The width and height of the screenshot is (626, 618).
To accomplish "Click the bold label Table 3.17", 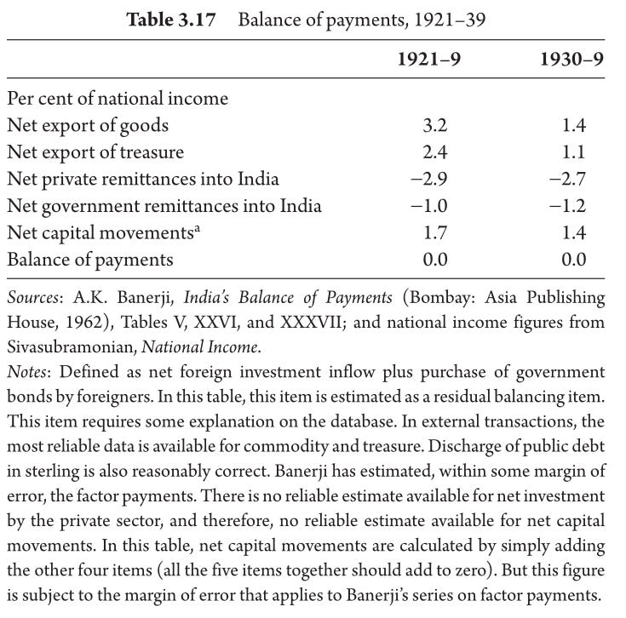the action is tap(171, 20).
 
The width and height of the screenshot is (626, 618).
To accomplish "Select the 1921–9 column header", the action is tap(429, 59).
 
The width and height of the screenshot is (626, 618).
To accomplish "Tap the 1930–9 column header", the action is tap(571, 59).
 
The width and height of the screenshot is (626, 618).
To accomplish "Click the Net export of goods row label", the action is tap(88, 126).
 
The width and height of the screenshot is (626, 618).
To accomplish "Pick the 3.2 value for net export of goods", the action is tap(435, 126).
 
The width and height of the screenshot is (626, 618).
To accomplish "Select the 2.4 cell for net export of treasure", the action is tap(435, 152).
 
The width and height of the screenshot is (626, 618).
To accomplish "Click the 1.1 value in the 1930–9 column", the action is tap(574, 152).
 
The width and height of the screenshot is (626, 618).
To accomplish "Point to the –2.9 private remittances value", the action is tap(429, 179).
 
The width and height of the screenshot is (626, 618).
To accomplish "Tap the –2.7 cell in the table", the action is tap(568, 179).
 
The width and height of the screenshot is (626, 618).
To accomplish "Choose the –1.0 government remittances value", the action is tap(429, 206).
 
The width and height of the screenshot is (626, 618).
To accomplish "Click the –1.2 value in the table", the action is tap(568, 206).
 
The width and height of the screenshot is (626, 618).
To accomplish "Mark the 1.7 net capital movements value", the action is tap(435, 232).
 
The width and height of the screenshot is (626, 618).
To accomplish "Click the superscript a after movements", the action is tap(197, 229).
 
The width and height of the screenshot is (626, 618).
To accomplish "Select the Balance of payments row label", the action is tap(90, 260).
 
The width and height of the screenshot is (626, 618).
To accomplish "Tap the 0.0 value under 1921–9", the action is tap(435, 260).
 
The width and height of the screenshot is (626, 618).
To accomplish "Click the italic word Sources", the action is tap(33, 298).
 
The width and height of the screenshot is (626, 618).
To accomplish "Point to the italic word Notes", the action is tap(26, 372).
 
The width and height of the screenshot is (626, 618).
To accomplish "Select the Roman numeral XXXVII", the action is tap(311, 323).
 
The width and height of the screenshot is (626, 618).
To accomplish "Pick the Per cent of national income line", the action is tap(118, 99).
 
